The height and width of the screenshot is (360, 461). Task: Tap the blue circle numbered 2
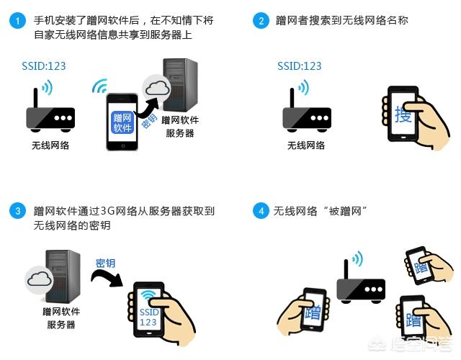tap(260, 21)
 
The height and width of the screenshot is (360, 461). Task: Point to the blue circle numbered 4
tap(260, 211)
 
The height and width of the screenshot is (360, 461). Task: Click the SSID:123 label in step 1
tap(43, 66)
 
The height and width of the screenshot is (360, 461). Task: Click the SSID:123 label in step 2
tap(300, 66)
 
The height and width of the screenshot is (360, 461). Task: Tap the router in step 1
tap(50, 113)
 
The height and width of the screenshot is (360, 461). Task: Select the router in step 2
tap(306, 113)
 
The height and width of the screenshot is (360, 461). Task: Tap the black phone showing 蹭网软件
tap(122, 121)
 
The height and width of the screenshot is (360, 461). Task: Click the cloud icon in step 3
tap(40, 279)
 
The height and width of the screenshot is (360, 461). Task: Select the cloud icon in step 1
tap(156, 89)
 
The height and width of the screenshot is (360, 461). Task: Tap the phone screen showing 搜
tap(403, 114)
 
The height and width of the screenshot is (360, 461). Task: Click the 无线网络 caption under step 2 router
tap(306, 145)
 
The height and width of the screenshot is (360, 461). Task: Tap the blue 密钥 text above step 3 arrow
tap(105, 263)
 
